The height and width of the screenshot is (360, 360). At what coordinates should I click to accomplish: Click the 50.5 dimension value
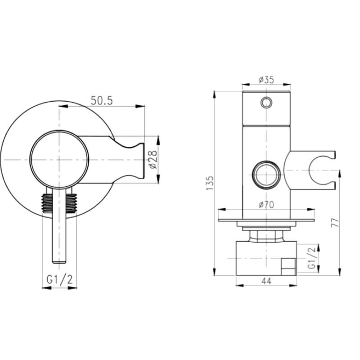(x=101, y=101)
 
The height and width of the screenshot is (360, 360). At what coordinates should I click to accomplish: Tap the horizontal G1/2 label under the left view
(x=60, y=279)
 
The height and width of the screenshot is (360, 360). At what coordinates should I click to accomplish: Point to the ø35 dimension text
(x=266, y=80)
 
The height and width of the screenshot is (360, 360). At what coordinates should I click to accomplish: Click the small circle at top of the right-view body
(x=266, y=103)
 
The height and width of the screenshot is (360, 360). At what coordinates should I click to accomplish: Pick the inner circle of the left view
(x=59, y=159)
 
